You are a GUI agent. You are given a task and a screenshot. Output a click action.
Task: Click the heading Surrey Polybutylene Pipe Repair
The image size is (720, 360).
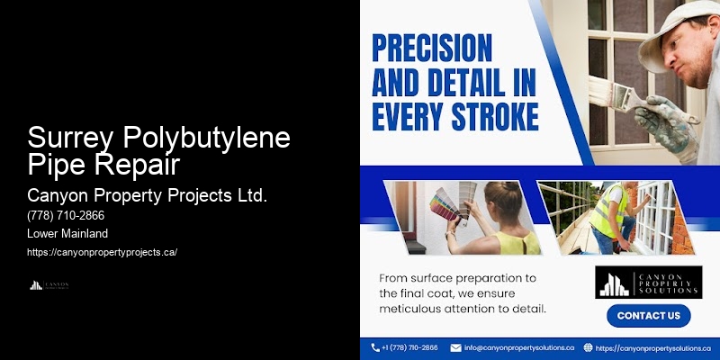(158, 151)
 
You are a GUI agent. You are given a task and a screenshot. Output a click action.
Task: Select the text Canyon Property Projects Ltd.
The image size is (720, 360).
(148, 195)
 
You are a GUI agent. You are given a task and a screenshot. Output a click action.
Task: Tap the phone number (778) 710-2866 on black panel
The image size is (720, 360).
(66, 217)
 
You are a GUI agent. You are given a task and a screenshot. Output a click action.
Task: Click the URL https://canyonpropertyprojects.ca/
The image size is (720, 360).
(103, 252)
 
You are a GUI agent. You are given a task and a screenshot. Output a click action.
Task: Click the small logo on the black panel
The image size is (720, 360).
(49, 285)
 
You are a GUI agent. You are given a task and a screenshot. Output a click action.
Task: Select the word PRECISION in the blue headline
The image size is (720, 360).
(432, 46)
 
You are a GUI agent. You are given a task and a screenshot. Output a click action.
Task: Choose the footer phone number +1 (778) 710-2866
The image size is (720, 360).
(410, 347)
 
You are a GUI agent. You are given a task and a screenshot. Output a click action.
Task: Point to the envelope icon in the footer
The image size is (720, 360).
(455, 347)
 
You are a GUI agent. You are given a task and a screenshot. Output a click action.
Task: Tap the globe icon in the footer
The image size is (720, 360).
(588, 347)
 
